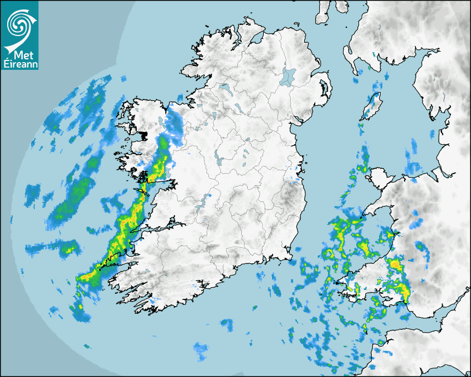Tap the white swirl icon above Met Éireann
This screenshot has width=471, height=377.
pyautogui.click(x=19, y=25)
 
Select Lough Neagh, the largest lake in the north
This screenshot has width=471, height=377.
pyautogui.click(x=288, y=76)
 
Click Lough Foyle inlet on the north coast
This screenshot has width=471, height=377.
pyautogui.click(x=256, y=40)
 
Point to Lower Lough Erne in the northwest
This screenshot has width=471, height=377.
pyautogui.click(x=225, y=88)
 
